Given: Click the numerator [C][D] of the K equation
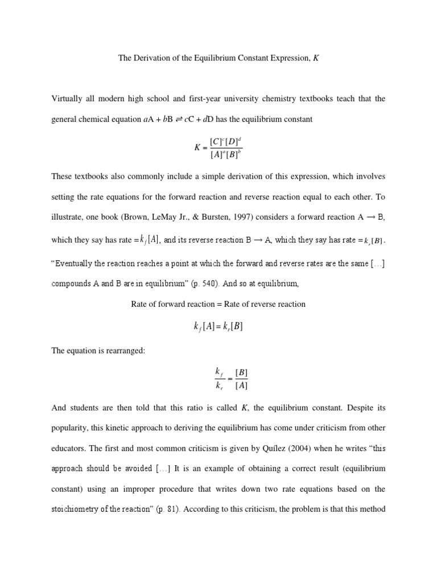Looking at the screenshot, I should [x=226, y=141].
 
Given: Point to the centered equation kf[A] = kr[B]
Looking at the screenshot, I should [x=218, y=326].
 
